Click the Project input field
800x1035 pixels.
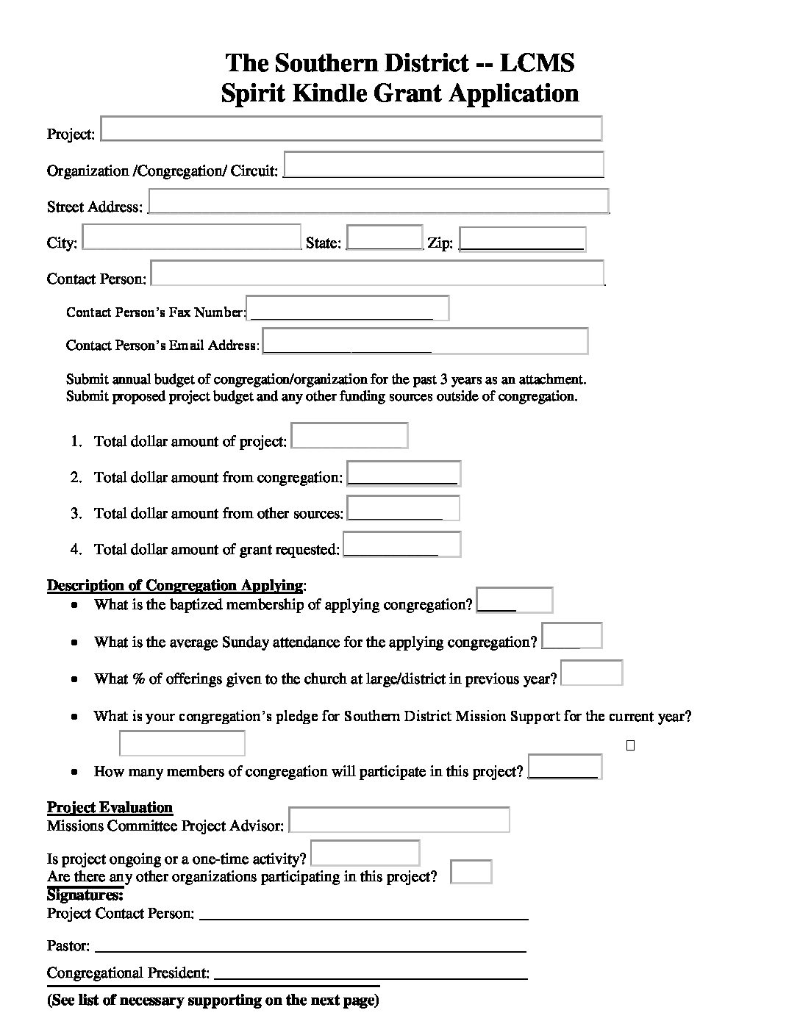point(351,128)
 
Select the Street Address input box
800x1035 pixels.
point(379,201)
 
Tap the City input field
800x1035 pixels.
point(191,237)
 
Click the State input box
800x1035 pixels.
point(384,237)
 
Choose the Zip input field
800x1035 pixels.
point(522,239)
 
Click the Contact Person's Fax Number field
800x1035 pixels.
point(347,308)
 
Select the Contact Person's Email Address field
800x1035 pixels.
point(425,341)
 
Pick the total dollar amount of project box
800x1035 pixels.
point(349,435)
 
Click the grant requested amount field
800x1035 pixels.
point(401,545)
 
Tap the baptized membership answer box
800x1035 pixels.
point(514,600)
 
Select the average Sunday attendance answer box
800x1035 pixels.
point(571,636)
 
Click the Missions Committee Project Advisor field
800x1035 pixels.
point(399,820)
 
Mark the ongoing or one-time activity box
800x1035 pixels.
point(365,853)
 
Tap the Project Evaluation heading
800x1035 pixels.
point(110,807)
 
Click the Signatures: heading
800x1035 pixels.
point(85,895)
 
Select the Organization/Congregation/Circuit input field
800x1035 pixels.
point(443,165)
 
